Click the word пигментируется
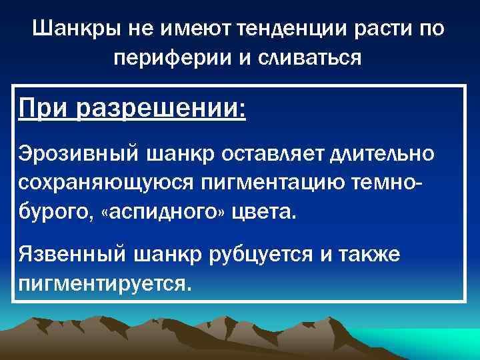tap(105, 284)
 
